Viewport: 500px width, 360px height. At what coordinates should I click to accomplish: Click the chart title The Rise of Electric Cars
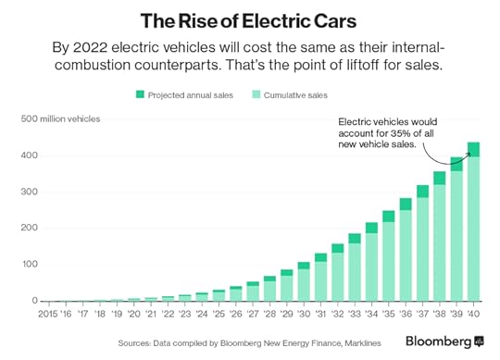click(x=249, y=19)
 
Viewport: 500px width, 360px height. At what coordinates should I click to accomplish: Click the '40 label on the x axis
click(x=472, y=315)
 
